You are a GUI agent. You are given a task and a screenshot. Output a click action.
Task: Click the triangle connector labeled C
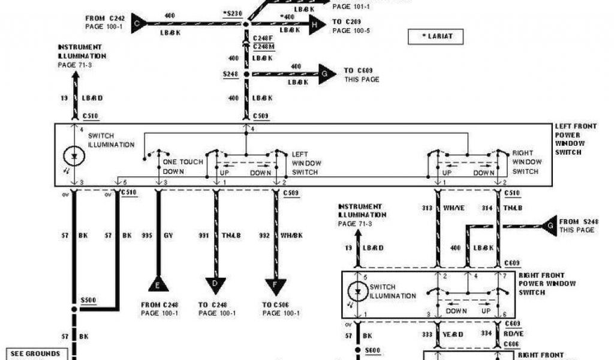(x=137, y=23)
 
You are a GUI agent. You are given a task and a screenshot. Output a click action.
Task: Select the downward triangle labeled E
(x=158, y=284)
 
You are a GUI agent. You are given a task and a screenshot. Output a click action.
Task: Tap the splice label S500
(x=89, y=299)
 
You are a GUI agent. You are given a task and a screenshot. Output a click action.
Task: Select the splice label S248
(x=231, y=74)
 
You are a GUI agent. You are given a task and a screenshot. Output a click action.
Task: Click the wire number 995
(x=146, y=236)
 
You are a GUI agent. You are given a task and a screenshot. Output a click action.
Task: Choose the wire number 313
(x=426, y=208)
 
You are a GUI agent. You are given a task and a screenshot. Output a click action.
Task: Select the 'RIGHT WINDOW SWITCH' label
(x=526, y=163)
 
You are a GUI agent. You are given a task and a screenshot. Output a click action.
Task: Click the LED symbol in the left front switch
(x=75, y=157)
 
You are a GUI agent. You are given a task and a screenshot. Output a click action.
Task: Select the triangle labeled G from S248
(x=549, y=226)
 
